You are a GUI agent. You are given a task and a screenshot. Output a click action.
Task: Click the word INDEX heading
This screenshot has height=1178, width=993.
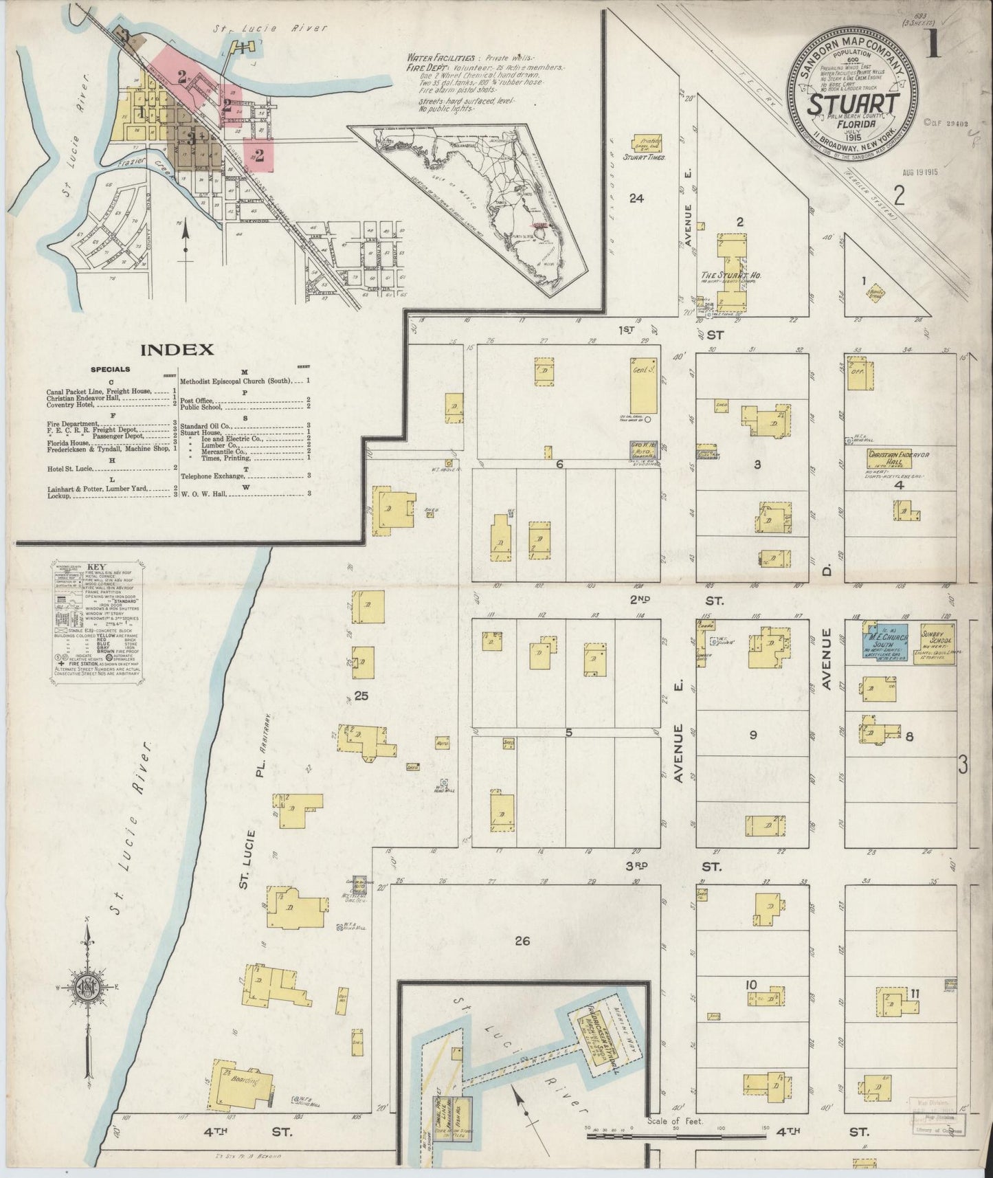coord(177,350)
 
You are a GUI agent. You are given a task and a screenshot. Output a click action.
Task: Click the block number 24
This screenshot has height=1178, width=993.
coord(636,199)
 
